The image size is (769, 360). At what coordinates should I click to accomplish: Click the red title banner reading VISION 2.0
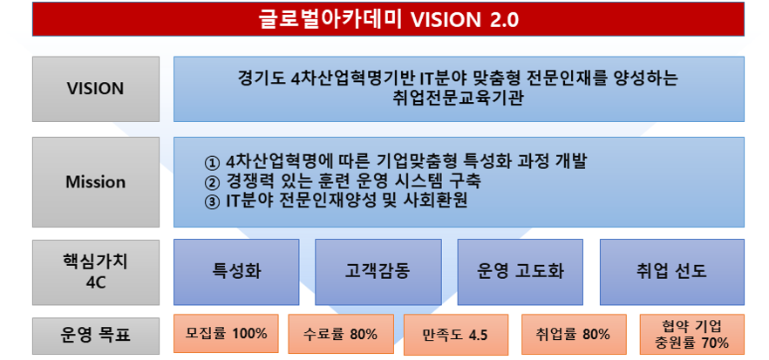pos(388,19)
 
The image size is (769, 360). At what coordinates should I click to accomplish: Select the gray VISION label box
pos(96,89)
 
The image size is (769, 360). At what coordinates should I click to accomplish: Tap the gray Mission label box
pos(96,182)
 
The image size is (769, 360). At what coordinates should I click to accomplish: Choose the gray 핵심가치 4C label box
pos(96,270)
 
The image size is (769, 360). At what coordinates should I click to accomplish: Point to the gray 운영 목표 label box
pos(96,333)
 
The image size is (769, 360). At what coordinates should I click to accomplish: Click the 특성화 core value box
pos(236,270)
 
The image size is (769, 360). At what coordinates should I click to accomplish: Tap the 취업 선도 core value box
pos(671,270)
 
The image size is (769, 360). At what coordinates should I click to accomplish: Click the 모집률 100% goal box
pos(226,333)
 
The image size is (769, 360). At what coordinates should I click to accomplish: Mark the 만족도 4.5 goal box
pos(454,336)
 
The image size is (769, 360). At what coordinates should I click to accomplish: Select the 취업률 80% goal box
pos(572,334)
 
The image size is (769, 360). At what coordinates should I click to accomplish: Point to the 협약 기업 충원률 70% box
pos(691,334)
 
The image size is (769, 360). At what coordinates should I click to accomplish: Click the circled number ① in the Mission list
pos(211,163)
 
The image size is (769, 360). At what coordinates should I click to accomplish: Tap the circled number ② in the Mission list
pos(211,182)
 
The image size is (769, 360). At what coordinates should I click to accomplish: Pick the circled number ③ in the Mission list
pos(211,201)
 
